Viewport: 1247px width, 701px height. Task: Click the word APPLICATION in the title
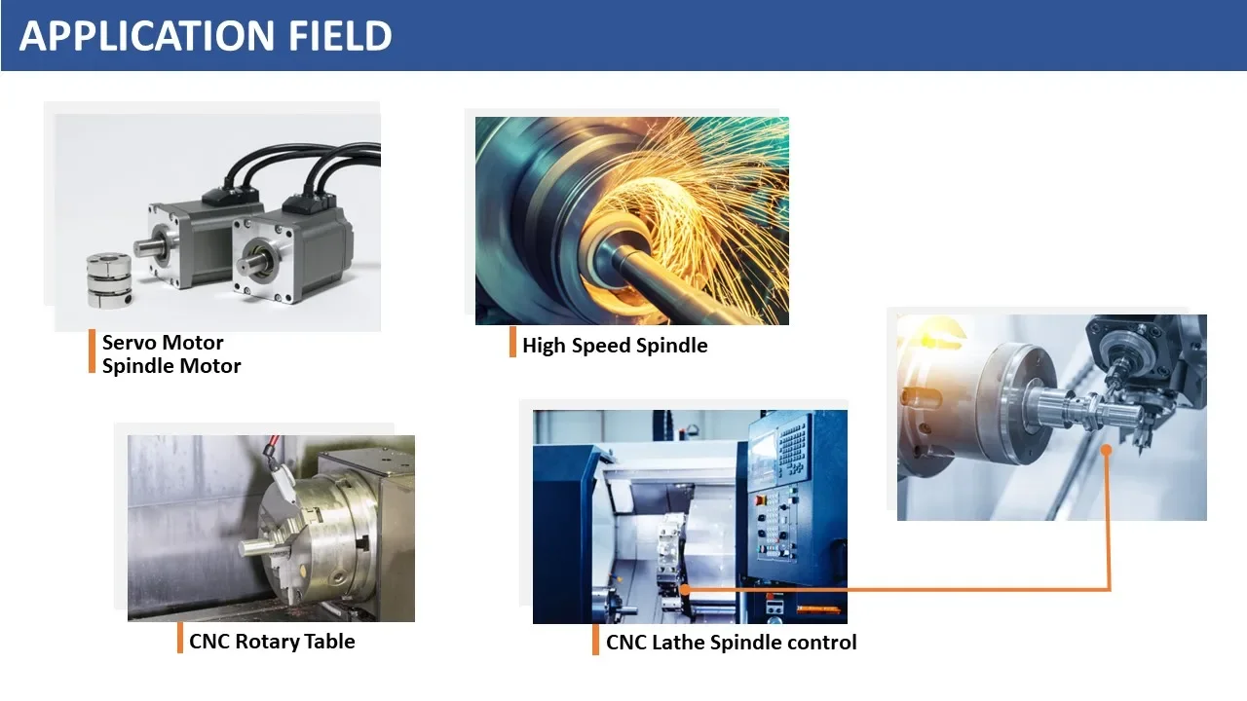coord(147,36)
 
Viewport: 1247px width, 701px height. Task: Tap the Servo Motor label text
coord(163,342)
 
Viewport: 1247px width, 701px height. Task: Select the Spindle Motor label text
coord(171,366)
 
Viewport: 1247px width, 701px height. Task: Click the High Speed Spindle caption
coord(615,346)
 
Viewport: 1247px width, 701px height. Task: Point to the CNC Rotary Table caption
coord(272,642)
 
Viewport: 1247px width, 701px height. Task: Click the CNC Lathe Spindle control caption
coord(731,643)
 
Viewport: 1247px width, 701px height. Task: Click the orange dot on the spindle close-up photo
coord(1106,450)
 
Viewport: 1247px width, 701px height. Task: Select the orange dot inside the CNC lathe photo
coord(685,589)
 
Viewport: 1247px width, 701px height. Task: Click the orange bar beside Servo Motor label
coord(92,351)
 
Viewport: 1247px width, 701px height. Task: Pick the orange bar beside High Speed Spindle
coord(512,342)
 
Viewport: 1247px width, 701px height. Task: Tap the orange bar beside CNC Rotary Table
coord(180,638)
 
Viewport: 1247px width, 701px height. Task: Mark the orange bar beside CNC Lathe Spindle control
coord(595,640)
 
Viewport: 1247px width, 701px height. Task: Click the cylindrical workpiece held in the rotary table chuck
coord(263,547)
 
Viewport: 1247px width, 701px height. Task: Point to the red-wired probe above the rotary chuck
coord(282,473)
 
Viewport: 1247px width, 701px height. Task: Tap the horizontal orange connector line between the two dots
coord(897,589)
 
